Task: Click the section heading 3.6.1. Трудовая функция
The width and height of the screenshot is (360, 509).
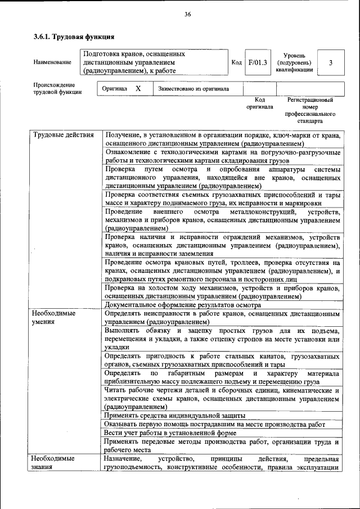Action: click(x=74, y=38)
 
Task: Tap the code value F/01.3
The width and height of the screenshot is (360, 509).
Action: click(x=258, y=62)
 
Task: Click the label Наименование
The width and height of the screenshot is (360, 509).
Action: click(x=53, y=62)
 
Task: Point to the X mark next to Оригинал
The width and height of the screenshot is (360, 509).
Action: click(x=138, y=88)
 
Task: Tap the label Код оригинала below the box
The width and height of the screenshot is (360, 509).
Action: click(x=259, y=103)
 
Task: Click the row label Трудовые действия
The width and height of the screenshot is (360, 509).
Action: click(x=63, y=135)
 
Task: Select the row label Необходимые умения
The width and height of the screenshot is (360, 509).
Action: click(x=54, y=318)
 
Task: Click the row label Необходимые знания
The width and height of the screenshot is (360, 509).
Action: click(x=54, y=463)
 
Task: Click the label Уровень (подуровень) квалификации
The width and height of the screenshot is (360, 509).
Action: click(x=294, y=62)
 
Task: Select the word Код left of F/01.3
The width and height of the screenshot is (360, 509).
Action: click(x=237, y=62)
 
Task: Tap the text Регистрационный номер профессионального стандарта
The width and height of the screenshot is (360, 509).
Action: click(x=310, y=110)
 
